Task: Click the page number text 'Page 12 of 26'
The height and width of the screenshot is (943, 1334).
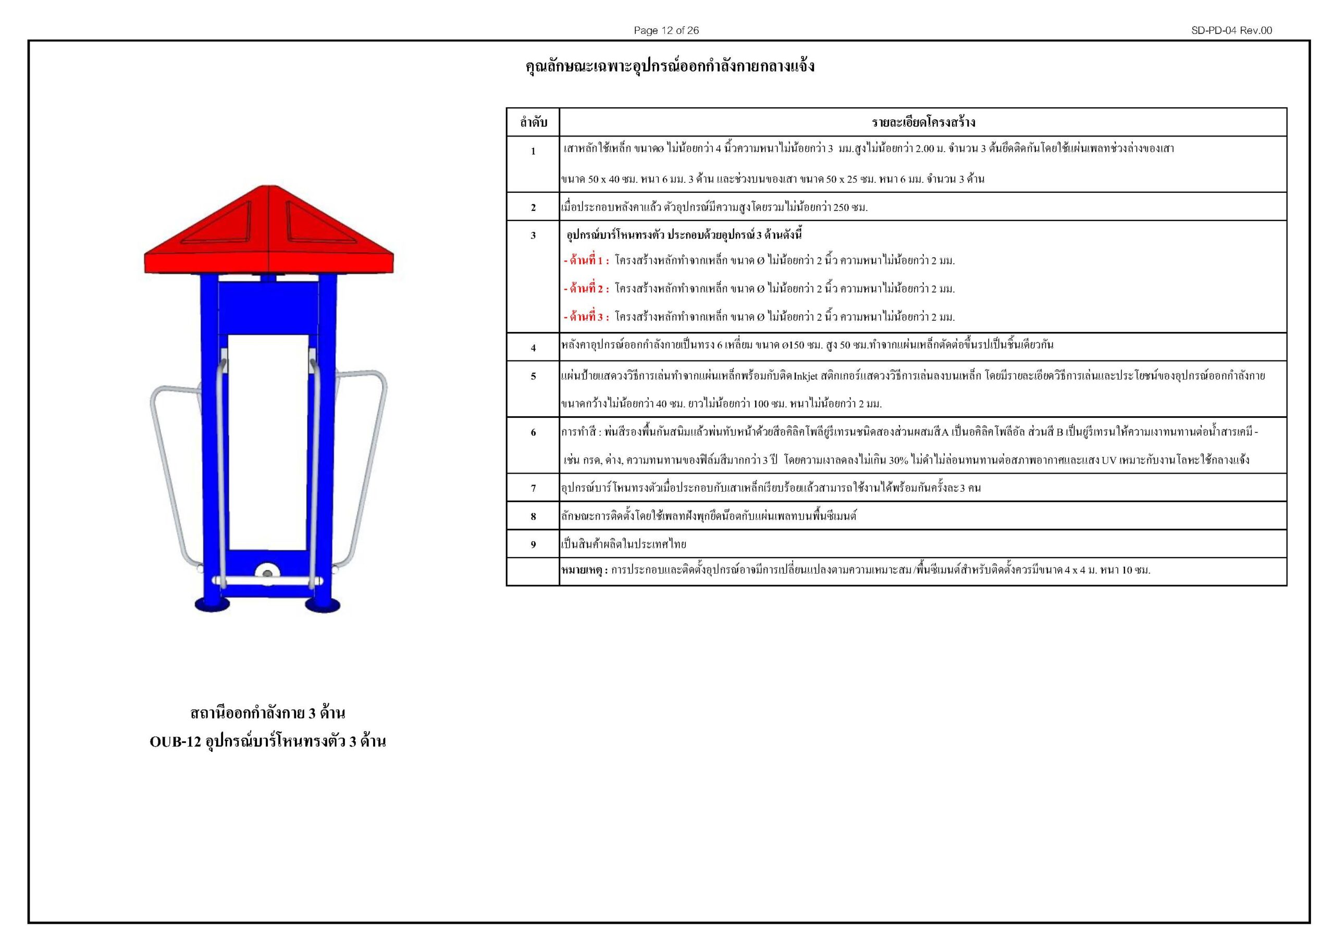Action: coord(666,31)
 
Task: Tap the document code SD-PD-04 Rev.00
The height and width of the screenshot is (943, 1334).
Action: coord(1231,31)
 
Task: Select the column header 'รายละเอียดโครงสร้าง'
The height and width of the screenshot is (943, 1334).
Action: coord(923,122)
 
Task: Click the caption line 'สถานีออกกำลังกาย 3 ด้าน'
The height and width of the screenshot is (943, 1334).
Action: coord(267,713)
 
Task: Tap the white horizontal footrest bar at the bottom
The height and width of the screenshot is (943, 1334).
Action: coord(267,580)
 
